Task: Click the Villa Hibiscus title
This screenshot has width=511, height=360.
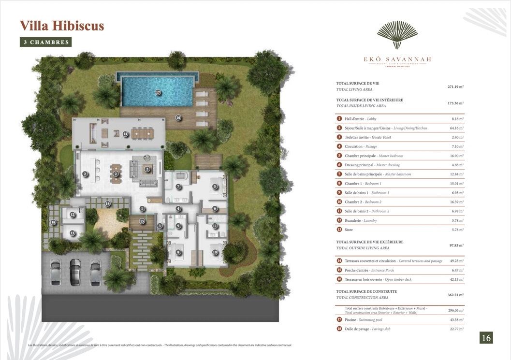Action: tap(62, 26)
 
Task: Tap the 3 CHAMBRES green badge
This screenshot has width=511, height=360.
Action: tap(46, 42)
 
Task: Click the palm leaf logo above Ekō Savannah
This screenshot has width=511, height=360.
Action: tap(397, 34)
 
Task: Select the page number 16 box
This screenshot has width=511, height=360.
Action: tap(486, 337)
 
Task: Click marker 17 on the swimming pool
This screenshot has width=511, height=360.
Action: tap(158, 92)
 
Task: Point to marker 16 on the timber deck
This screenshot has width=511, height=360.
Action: tap(178, 117)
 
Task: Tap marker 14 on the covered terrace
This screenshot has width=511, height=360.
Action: tap(125, 134)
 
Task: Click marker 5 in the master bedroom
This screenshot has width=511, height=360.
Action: tap(215, 186)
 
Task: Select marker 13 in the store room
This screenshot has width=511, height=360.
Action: tap(73, 233)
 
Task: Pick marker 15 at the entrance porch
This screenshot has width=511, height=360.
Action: tap(142, 221)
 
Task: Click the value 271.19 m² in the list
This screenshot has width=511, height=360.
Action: tap(455, 86)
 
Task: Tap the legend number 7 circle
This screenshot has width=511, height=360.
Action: tap(339, 174)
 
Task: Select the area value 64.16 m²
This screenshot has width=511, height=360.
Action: tap(455, 128)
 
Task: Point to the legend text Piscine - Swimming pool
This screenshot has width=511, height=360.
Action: tap(363, 319)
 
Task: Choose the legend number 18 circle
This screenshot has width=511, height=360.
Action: tap(339, 329)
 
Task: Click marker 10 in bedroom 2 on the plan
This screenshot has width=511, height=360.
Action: tap(215, 252)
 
